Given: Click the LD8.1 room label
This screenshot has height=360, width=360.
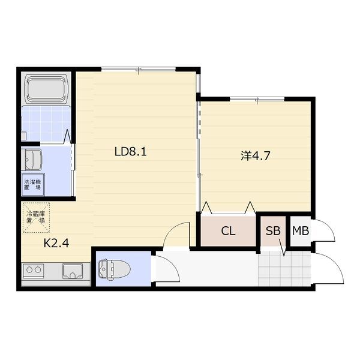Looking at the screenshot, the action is coord(130,152).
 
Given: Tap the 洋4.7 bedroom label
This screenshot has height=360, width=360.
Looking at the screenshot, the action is coord(256,156).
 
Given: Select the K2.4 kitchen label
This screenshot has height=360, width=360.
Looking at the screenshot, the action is coord(56,243).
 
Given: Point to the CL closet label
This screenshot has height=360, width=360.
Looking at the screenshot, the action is coord(228,231).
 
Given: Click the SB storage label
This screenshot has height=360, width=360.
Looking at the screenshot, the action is coord(273,231).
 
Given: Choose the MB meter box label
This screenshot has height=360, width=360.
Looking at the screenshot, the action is coord(301,231).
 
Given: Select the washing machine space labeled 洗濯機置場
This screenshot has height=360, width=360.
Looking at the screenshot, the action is coord(33,185).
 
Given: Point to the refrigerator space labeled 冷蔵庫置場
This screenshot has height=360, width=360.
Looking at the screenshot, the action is coord(36,217).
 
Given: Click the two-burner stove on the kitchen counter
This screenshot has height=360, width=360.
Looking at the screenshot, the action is coord(34,271).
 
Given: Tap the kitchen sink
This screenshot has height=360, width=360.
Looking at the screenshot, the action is coord(73,271).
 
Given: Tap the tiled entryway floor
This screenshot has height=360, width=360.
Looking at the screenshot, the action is coord(284,268).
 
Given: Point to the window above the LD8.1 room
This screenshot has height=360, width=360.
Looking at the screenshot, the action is coord(139,69).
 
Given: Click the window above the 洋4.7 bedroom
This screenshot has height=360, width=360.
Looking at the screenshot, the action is coord(257,99).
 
